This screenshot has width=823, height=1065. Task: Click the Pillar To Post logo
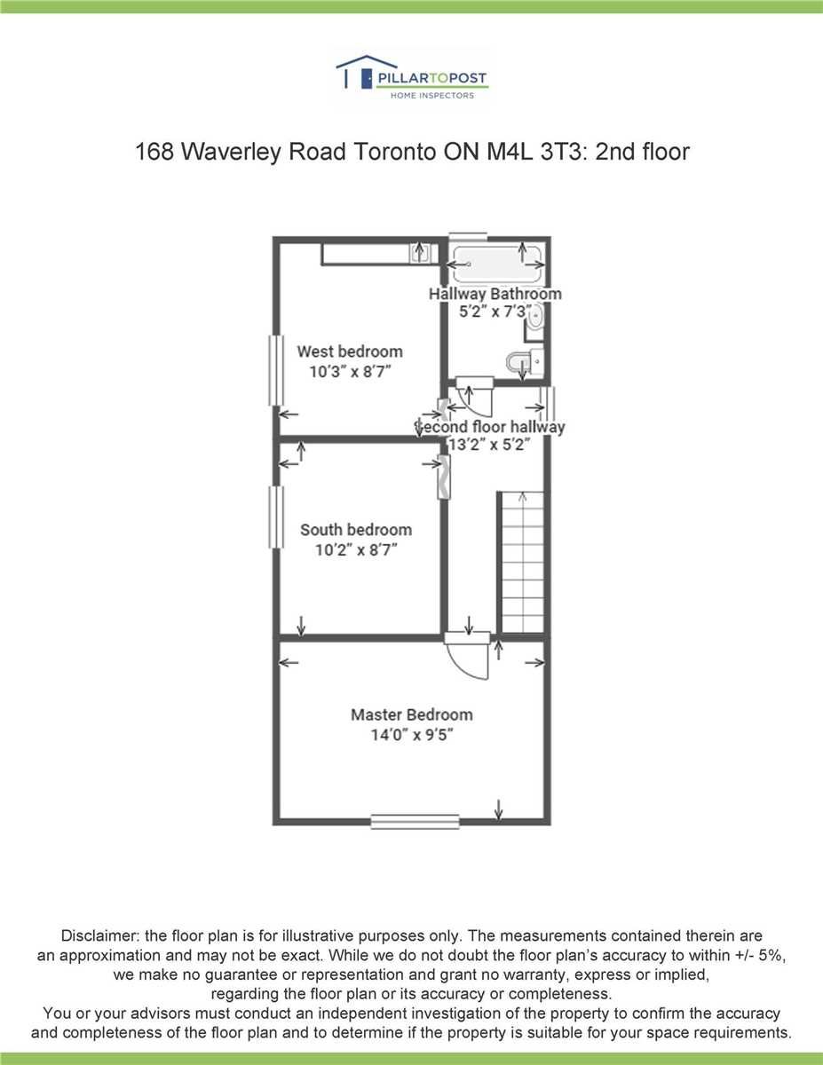(x=412, y=78)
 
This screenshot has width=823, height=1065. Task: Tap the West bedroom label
(x=350, y=351)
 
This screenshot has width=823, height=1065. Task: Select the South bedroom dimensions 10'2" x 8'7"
(x=356, y=550)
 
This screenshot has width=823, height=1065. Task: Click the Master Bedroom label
(x=412, y=714)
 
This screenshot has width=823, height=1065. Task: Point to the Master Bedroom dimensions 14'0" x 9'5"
(x=412, y=735)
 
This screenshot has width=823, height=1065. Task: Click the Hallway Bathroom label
(x=495, y=294)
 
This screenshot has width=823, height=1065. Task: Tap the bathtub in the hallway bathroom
(x=497, y=264)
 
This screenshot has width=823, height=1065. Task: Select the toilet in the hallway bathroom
(x=525, y=362)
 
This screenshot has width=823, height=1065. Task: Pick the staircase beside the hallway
(x=522, y=563)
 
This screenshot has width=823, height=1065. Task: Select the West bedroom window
(x=276, y=370)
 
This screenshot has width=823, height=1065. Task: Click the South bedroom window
(x=276, y=517)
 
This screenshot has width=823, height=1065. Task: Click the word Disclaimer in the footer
(x=100, y=935)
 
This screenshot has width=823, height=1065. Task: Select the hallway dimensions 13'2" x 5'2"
(x=490, y=444)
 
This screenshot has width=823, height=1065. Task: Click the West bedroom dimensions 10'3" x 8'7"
(x=350, y=372)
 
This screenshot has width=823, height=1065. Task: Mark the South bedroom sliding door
(x=444, y=477)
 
